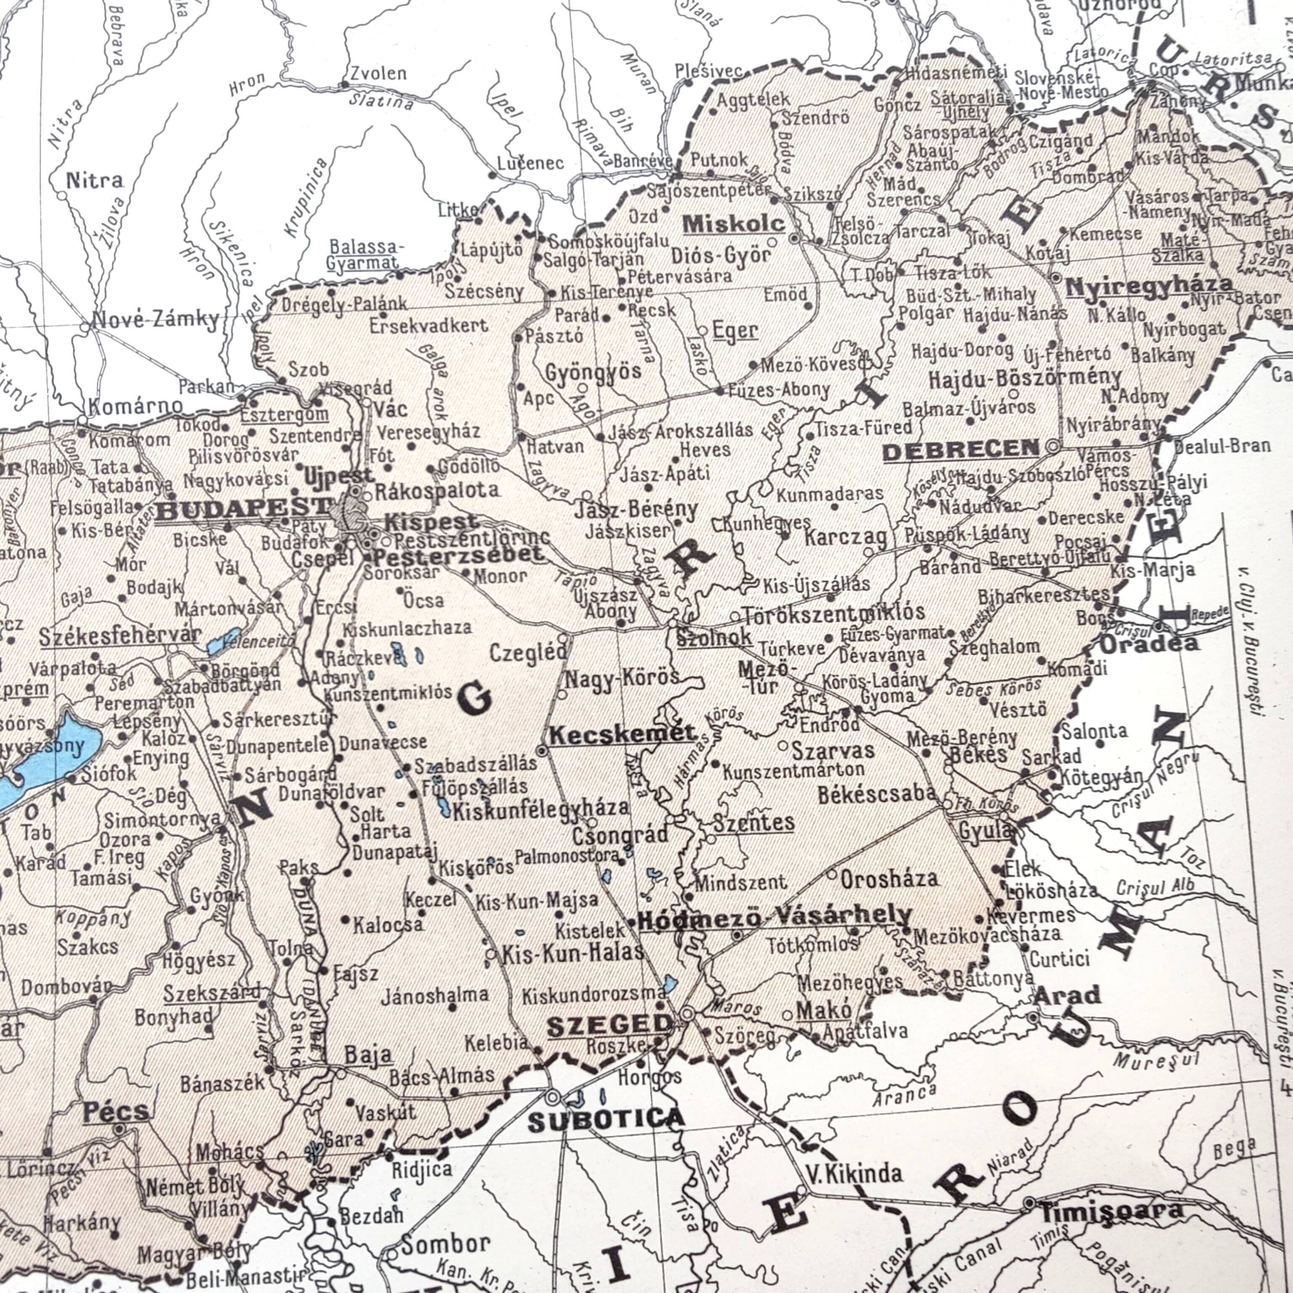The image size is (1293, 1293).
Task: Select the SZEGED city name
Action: (x=610, y=1024)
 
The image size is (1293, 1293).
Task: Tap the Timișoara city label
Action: (x=1111, y=1210)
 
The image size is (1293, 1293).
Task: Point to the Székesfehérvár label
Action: (x=120, y=636)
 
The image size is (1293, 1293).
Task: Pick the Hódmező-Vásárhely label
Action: (x=774, y=916)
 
